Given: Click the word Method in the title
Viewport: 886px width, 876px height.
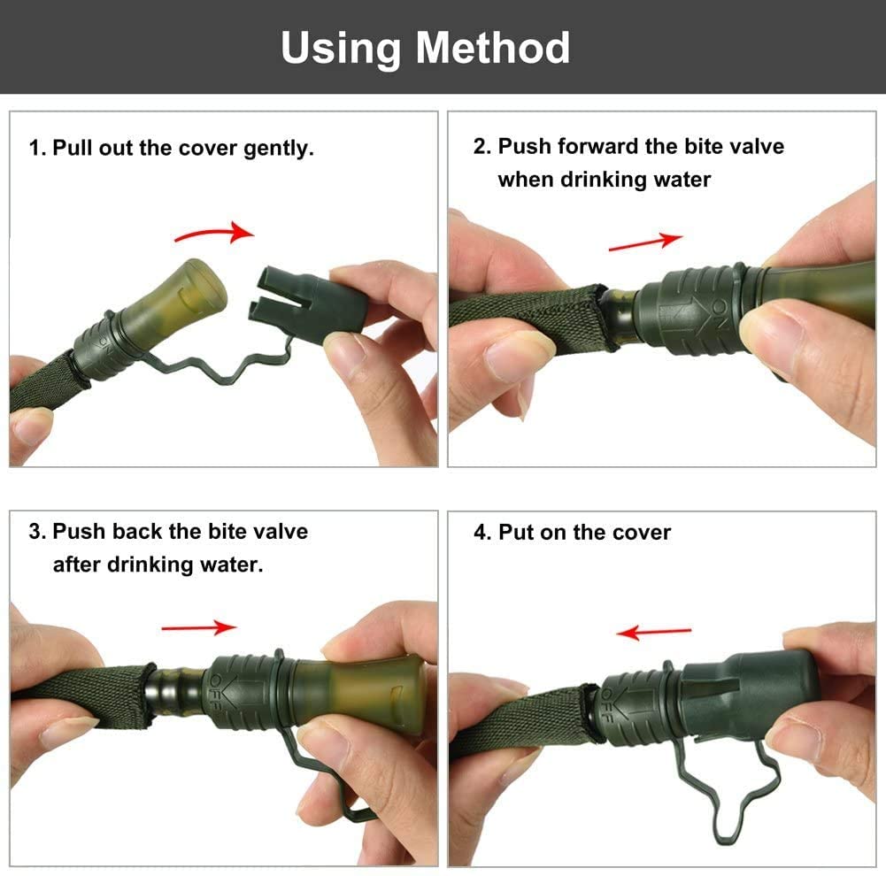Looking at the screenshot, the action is tap(493, 48).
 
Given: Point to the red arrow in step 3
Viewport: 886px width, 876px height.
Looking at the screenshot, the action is tap(199, 627).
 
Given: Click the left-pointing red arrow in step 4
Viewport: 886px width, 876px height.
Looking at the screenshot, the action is tap(653, 632).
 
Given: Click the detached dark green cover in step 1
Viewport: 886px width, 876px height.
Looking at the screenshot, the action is tap(308, 300).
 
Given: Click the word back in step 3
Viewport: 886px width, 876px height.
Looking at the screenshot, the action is tap(137, 532).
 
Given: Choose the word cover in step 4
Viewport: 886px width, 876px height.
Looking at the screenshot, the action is tap(642, 533).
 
